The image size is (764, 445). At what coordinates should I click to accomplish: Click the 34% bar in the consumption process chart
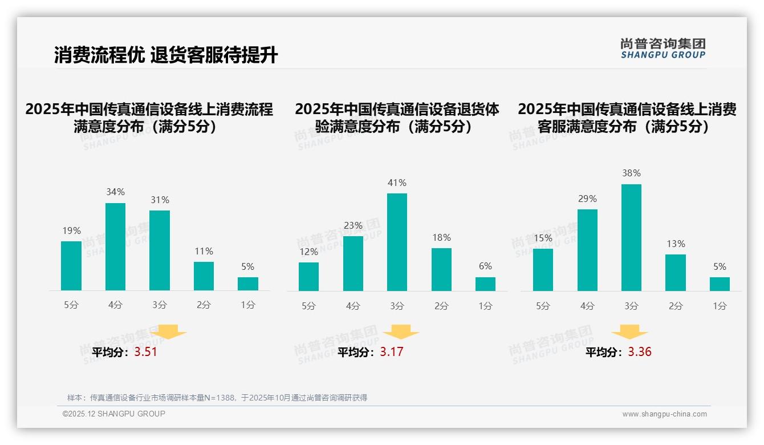pyautogui.click(x=115, y=246)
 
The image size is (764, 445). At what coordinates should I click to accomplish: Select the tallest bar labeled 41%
pyautogui.click(x=397, y=242)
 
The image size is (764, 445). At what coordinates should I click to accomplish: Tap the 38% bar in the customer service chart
pyautogui.click(x=631, y=237)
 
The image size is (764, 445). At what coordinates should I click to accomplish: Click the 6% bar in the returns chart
pyautogui.click(x=485, y=284)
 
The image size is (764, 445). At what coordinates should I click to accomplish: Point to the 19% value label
pyautogui.click(x=71, y=231)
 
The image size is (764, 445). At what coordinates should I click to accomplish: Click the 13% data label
pyautogui.click(x=676, y=244)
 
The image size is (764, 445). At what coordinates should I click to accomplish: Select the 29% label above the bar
pyautogui.click(x=587, y=199)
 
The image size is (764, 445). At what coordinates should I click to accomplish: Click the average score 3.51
pyautogui.click(x=145, y=352)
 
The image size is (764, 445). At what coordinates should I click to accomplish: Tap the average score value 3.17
pyautogui.click(x=392, y=352)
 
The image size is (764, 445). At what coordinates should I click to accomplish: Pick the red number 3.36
pyautogui.click(x=640, y=352)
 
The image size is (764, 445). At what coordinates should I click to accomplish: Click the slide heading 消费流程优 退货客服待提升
pyautogui.click(x=166, y=55)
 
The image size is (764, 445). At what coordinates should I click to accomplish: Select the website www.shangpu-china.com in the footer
pyautogui.click(x=664, y=414)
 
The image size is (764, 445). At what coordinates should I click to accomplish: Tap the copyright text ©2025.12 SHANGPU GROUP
pyautogui.click(x=114, y=414)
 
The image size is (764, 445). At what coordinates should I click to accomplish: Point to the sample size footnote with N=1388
pyautogui.click(x=217, y=398)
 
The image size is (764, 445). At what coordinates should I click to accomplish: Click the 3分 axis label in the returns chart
pyautogui.click(x=397, y=306)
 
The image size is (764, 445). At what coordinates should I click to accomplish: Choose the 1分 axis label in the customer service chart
pyautogui.click(x=720, y=306)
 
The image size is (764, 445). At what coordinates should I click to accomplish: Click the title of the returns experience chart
pyautogui.click(x=397, y=118)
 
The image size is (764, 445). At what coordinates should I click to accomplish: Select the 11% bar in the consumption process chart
pyautogui.click(x=204, y=276)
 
